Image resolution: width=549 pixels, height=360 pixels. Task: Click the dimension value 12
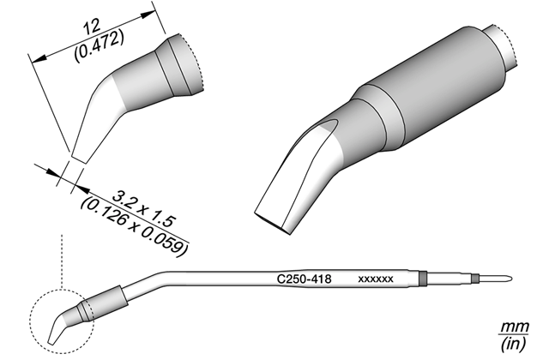click(92, 26)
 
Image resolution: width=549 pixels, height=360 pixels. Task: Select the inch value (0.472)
click(99, 45)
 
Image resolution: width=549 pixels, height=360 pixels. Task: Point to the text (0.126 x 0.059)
click(134, 227)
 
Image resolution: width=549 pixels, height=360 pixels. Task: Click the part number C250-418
click(304, 279)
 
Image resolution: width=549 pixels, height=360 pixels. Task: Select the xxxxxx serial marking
click(376, 279)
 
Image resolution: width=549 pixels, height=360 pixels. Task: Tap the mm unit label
click(514, 327)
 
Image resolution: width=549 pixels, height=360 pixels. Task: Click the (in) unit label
click(513, 345)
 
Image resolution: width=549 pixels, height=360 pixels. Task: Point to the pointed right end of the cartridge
click(512, 279)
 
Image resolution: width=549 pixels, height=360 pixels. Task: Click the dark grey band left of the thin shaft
click(423, 278)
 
